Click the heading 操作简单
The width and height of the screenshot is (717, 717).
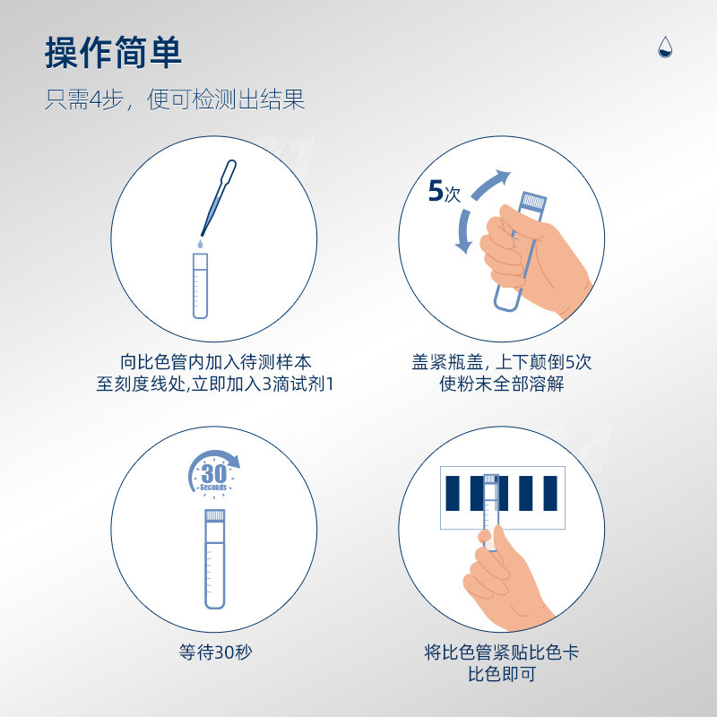114,53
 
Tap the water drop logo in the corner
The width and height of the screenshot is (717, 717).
665,48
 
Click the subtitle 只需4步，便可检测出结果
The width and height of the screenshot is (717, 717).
175,99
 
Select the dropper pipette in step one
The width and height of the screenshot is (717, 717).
219,197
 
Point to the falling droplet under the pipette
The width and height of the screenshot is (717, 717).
200,243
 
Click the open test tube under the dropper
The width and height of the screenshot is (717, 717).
200,286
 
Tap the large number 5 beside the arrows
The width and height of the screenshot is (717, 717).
436,191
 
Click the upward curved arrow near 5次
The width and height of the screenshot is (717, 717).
489,185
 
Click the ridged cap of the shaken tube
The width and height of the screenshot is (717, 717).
533,201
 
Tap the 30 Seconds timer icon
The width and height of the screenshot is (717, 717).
213,473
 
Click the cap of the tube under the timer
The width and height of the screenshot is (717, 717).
214,515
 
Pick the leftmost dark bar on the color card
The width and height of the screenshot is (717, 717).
453,493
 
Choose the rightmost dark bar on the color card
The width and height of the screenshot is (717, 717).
550,493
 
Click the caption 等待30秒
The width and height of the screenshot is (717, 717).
215,652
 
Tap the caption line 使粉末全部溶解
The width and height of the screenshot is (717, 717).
502,384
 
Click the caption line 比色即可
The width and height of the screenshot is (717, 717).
502,674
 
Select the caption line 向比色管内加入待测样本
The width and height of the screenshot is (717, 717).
215,362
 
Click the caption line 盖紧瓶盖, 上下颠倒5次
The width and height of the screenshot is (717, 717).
502,362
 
